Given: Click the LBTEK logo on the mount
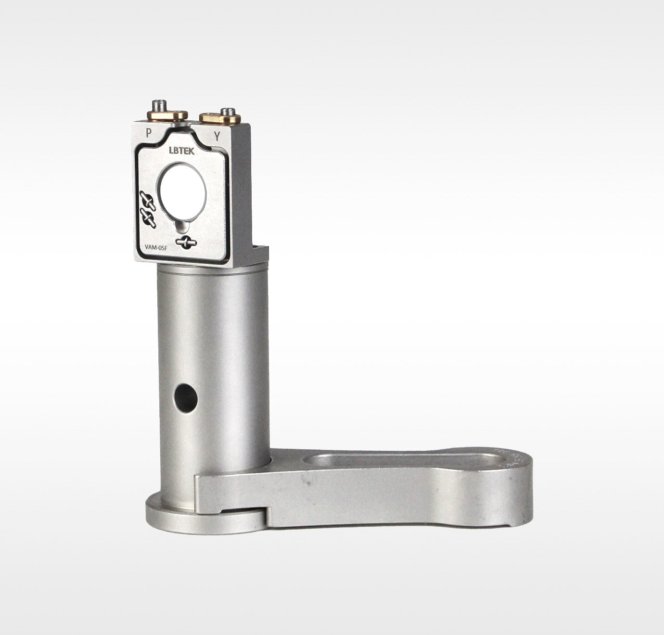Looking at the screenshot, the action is coord(182,151).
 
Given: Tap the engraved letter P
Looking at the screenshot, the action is coord(148,133).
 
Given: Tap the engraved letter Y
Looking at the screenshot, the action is coord(217,137).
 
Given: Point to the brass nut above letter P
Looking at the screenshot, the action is coord(167,115).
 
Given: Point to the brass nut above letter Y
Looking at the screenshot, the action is coord(220,118).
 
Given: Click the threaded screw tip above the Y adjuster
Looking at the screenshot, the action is coord(228,111).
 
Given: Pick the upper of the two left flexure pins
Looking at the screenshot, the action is coord(148,200).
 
